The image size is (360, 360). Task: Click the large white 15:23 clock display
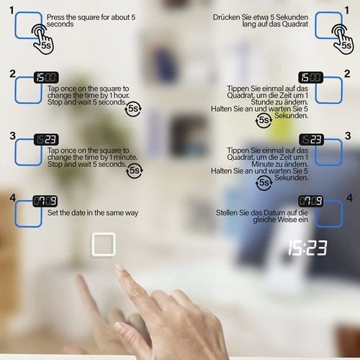tap(307, 248)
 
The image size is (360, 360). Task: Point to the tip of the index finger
tap(118, 266)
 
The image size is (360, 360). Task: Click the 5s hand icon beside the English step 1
tap(42, 39)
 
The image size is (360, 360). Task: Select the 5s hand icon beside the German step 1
tap(343, 39)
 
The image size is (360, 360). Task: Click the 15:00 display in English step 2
tap(46, 78)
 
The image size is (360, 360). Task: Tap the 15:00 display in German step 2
tap(311, 78)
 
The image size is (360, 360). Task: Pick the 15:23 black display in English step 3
tap(46, 140)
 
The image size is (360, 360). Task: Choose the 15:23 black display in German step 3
tap(311, 140)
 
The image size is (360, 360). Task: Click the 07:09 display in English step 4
tap(45, 201)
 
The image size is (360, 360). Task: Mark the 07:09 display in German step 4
tap(311, 201)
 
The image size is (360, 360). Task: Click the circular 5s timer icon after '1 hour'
tap(133, 109)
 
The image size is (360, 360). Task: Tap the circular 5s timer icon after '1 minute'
tap(134, 171)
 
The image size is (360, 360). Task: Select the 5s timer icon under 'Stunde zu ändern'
tap(264, 120)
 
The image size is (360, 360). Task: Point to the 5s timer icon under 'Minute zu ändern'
tap(264, 183)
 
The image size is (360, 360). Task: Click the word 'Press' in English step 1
tap(55, 17)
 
